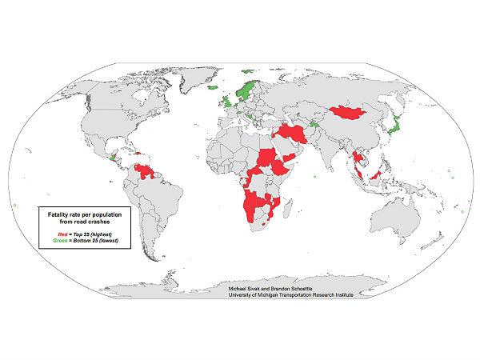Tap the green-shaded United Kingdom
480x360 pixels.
point(226,103)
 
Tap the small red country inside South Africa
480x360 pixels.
point(269,235)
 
